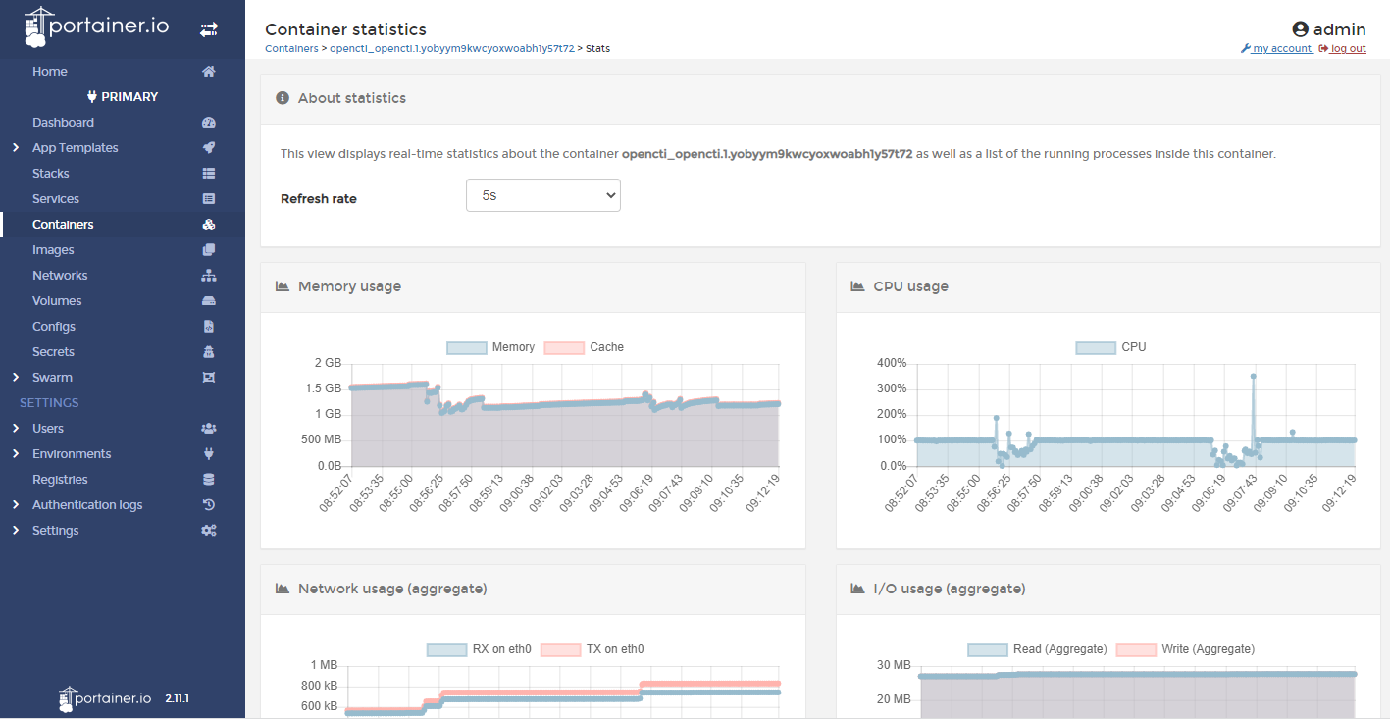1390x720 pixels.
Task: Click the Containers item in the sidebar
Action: coord(63,225)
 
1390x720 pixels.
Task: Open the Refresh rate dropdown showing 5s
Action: coord(542,195)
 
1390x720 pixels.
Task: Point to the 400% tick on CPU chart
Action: coord(891,363)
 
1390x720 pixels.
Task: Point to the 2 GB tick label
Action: coord(328,363)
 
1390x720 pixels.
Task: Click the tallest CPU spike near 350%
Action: coord(1253,376)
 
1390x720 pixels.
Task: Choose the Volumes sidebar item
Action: coord(57,301)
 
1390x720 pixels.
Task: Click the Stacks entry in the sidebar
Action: coord(51,174)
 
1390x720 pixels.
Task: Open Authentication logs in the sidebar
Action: coord(87,505)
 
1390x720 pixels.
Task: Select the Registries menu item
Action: coord(60,480)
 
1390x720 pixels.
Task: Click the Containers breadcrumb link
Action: coord(291,48)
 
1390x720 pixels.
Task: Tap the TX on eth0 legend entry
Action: coord(592,649)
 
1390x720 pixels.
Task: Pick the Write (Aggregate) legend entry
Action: coord(1184,649)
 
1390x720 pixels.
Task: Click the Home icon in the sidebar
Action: coord(208,72)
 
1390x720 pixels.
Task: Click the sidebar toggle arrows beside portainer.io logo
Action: coord(209,30)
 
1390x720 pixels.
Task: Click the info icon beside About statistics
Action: coord(283,98)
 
